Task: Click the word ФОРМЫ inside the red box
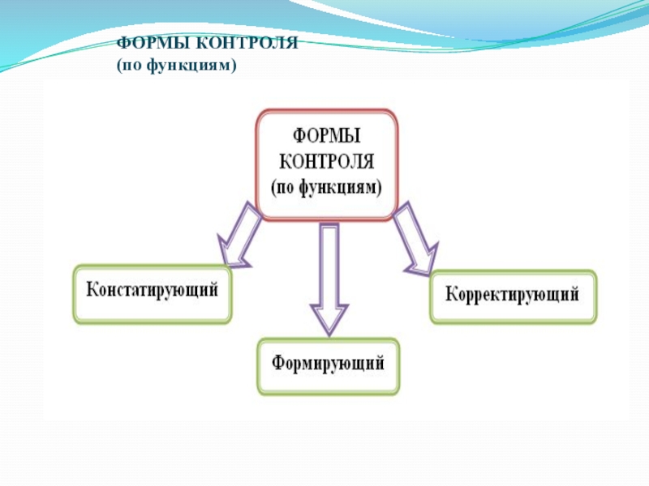point(326,134)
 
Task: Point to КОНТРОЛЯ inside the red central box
point(326,160)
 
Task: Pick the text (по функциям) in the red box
point(326,185)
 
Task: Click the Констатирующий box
point(153,292)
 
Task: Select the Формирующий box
point(328,366)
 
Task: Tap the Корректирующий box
point(513,296)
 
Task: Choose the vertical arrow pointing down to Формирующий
point(329,275)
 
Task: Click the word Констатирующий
point(153,290)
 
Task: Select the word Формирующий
point(328,363)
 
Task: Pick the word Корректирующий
point(513,293)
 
